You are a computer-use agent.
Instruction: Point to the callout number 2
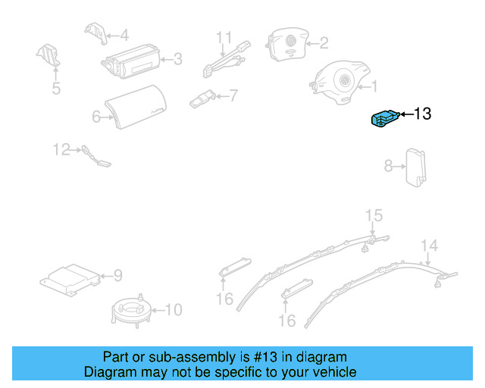click(x=324, y=43)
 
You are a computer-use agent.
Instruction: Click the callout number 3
click(x=177, y=58)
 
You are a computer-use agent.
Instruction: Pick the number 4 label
click(x=124, y=35)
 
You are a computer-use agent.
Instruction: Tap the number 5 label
click(x=56, y=89)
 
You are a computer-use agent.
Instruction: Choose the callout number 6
click(x=96, y=117)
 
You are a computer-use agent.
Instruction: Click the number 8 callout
click(x=388, y=165)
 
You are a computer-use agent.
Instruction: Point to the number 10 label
click(x=174, y=309)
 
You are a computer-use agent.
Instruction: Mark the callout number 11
click(x=224, y=36)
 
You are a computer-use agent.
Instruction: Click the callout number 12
click(x=61, y=149)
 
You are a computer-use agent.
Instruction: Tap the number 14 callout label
click(x=430, y=245)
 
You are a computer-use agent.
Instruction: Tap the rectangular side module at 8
click(x=415, y=164)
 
